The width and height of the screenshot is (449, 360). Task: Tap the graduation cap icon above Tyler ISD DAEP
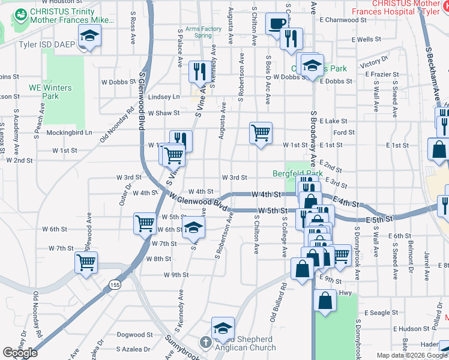click(x=89, y=37)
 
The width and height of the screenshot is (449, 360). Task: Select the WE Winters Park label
click(x=50, y=92)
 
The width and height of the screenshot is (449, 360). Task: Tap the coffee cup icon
click(x=277, y=24)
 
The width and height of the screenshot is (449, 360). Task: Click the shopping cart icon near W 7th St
click(x=86, y=262)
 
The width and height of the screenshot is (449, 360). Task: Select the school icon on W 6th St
click(x=193, y=227)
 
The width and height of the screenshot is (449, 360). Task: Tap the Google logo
click(x=20, y=353)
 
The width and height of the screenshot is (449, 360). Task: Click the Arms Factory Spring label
click(x=203, y=32)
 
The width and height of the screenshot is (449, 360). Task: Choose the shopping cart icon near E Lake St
click(x=261, y=133)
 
